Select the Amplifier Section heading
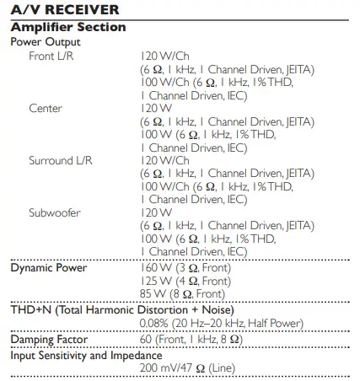pos(67,27)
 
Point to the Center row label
pos(46,108)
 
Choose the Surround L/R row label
pos(59,159)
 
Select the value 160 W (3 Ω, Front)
pos(185,268)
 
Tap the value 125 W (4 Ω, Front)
pos(185,281)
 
